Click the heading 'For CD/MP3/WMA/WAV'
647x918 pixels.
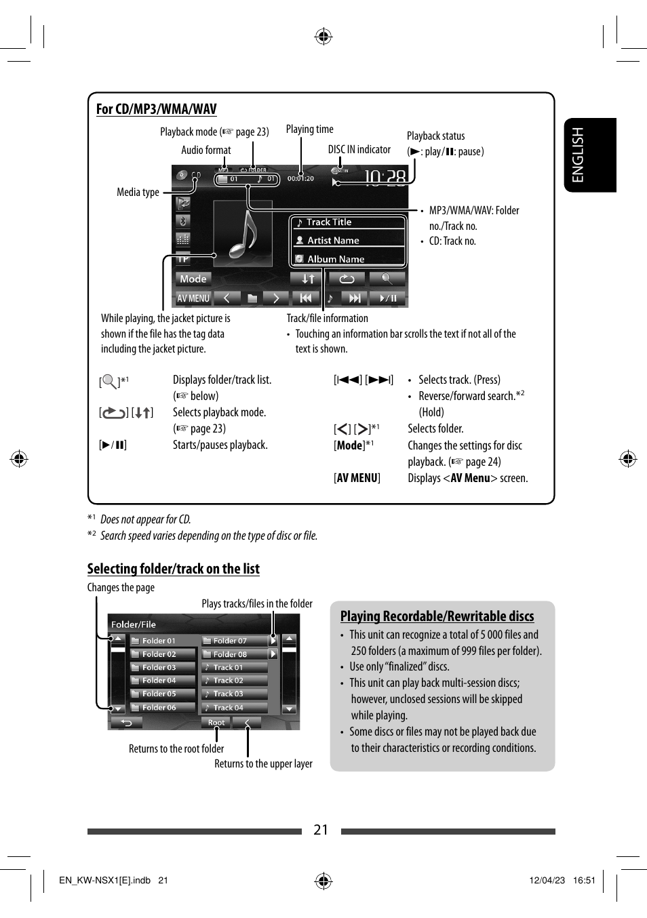[x=156, y=109]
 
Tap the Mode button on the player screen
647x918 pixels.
[x=193, y=279]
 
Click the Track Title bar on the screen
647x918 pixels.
[x=348, y=222]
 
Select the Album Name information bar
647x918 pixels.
[x=348, y=259]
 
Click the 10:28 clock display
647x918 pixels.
[x=385, y=178]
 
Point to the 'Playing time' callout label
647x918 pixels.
[x=309, y=129]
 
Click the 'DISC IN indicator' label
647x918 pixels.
[x=359, y=150]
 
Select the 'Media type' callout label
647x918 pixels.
[x=138, y=193]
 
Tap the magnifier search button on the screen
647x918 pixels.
[x=387, y=279]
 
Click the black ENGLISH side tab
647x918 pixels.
[x=590, y=155]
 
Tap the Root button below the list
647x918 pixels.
[x=216, y=723]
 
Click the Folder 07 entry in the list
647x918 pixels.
[x=234, y=641]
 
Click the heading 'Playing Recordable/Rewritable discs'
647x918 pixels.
[x=437, y=616]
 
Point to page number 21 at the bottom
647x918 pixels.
[x=321, y=830]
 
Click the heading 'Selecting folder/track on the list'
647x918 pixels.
[x=173, y=569]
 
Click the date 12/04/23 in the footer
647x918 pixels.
[x=547, y=881]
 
